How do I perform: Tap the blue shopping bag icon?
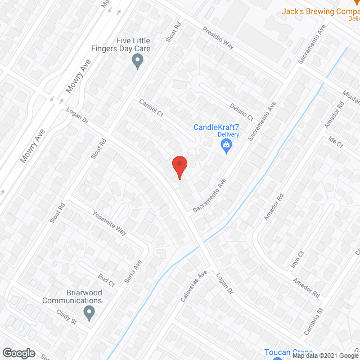tap(226, 146)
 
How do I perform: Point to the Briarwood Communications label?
tap(72, 296)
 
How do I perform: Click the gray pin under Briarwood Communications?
tap(89, 312)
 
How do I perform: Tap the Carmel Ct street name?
tap(151, 109)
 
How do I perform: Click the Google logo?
tap(19, 353)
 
